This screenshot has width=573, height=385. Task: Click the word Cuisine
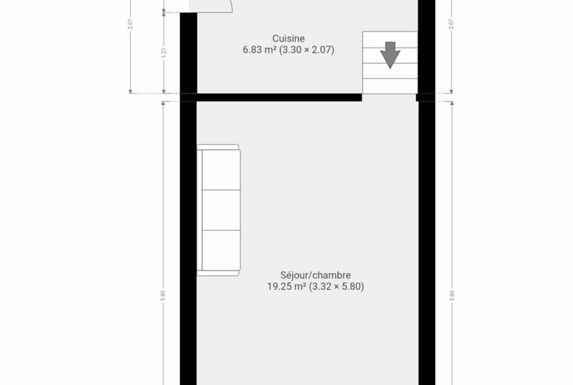pos(288,38)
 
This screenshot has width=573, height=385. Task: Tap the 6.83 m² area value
pos(260,50)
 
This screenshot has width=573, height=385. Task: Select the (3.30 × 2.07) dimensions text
pos(307,50)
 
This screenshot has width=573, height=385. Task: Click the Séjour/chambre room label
pos(316,275)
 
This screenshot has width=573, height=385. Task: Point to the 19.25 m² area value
pos(286,286)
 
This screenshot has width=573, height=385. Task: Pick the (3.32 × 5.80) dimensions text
pos(336,286)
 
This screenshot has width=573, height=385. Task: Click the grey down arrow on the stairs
pos(390,55)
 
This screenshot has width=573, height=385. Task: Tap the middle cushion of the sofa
pos(221,210)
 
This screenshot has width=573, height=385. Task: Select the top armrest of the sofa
pos(218,147)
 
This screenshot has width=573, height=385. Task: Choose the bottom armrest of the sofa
pos(218,273)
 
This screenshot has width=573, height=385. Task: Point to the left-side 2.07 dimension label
pos(130,24)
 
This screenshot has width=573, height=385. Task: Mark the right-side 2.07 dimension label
pos(451,24)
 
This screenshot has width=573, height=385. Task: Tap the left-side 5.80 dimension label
pos(163,295)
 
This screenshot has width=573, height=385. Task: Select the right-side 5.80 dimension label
pos(452,295)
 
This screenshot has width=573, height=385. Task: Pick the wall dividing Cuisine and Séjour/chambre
pos(279,97)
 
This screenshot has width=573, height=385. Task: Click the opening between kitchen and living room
pos(389,97)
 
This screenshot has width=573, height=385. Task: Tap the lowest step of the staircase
pos(390,86)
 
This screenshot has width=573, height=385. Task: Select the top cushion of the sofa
pos(221,170)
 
